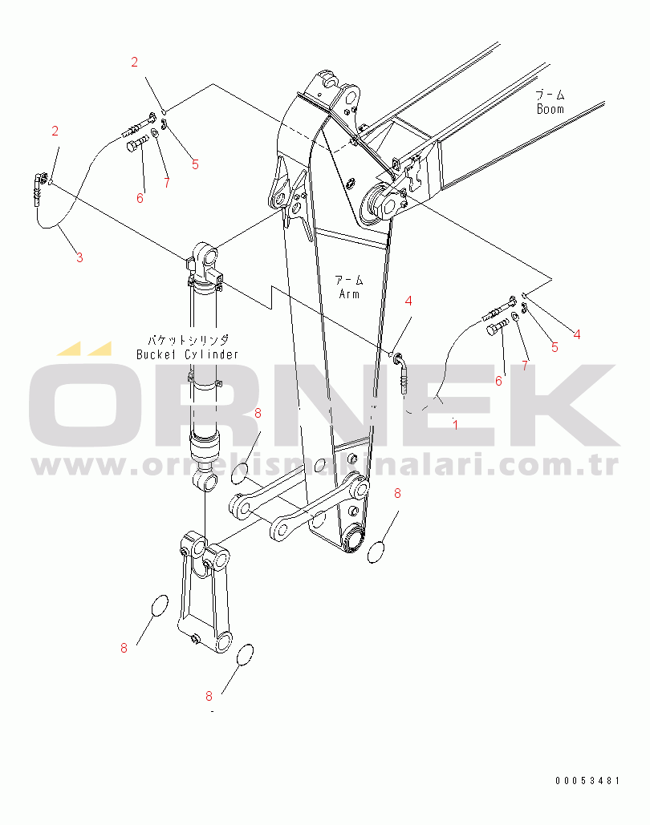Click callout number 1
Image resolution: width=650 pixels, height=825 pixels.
[x=455, y=425]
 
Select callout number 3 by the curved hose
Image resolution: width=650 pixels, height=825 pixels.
[x=79, y=258]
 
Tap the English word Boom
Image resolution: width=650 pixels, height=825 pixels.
[x=550, y=109]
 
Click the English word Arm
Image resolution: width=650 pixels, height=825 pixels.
[x=349, y=293]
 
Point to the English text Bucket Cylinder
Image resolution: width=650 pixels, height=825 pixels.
[x=187, y=354]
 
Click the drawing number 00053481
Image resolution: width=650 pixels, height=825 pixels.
[x=588, y=781]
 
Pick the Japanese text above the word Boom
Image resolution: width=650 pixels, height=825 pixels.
[x=550, y=95]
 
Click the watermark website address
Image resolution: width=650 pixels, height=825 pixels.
[x=325, y=464]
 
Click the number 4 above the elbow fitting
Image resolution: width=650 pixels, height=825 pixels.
[x=408, y=301]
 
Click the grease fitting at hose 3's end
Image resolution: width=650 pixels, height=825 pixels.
[x=39, y=188]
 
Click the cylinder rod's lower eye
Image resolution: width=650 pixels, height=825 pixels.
[x=206, y=481]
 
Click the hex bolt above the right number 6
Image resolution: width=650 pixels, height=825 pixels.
[x=496, y=327]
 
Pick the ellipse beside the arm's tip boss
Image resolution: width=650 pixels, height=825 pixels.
[x=376, y=552]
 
